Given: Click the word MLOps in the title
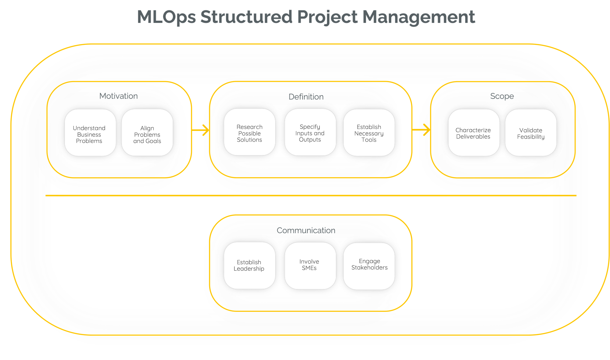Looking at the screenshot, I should tap(167, 17).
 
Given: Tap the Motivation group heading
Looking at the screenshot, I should tap(119, 96).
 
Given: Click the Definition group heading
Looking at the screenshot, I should tap(306, 97).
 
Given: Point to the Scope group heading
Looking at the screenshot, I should tap(502, 96).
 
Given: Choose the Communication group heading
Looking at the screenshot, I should tap(306, 230).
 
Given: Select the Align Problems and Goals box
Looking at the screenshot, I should tap(147, 133).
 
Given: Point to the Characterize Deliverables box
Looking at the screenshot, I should tap(473, 133).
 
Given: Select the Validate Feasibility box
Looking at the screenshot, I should tap(531, 133).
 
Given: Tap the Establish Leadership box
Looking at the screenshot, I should tap(249, 265).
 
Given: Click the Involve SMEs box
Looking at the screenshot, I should tap(310, 265).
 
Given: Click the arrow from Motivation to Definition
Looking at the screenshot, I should tap(201, 131).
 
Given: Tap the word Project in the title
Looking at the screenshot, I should tap(327, 17).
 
